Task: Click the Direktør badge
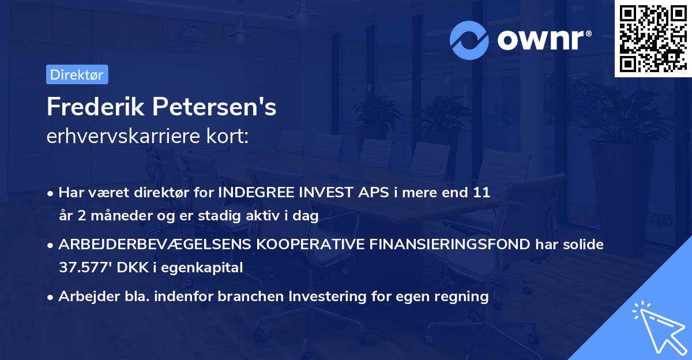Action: pos(77,74)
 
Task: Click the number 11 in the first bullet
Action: pos(482,193)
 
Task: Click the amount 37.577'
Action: pos(81,268)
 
